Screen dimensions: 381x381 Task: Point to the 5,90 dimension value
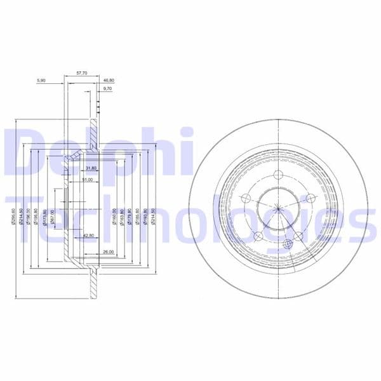(42, 81)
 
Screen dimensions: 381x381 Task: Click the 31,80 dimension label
(90, 168)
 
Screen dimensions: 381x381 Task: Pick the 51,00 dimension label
(88, 180)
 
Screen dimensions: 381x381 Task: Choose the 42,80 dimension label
(89, 235)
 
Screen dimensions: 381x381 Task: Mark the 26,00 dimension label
(108, 252)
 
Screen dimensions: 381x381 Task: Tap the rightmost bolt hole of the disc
(311, 199)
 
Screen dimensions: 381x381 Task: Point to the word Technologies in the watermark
(190, 219)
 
